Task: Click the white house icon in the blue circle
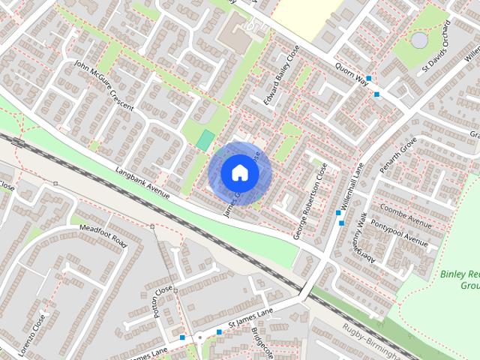(x=239, y=172)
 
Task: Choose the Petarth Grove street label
(x=398, y=157)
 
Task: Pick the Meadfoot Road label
(x=103, y=235)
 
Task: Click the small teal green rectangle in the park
(x=205, y=139)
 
